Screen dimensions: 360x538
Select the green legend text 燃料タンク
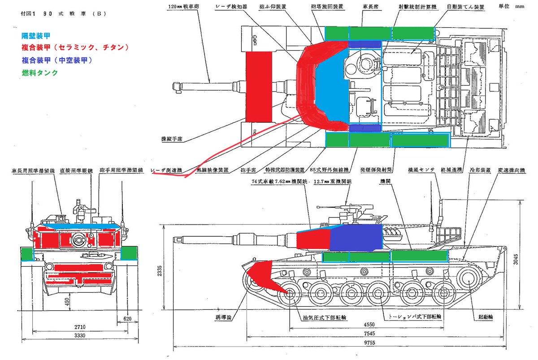(x=40, y=72)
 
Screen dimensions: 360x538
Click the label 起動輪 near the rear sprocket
(x=485, y=317)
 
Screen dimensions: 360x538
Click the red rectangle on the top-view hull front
(x=259, y=86)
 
